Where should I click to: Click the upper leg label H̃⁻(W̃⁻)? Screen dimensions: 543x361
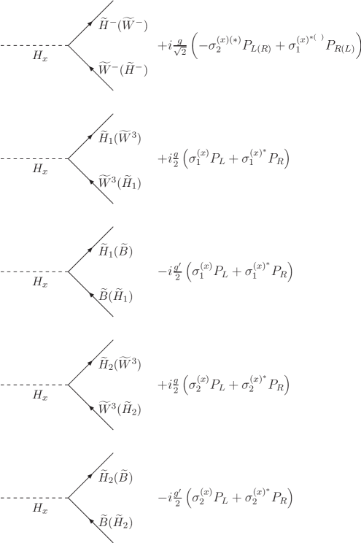coord(123,26)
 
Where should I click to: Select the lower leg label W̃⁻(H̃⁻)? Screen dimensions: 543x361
coord(123,71)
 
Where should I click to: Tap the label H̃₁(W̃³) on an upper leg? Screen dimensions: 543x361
coord(120,138)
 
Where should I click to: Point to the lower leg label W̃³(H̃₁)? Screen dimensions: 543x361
coord(120,183)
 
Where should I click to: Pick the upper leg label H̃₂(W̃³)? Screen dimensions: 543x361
coord(120,364)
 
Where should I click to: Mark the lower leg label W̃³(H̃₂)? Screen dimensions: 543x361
coord(120,409)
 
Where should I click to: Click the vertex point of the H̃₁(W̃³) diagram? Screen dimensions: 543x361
coord(69,158)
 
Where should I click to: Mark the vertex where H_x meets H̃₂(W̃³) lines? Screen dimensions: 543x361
coord(69,384)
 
